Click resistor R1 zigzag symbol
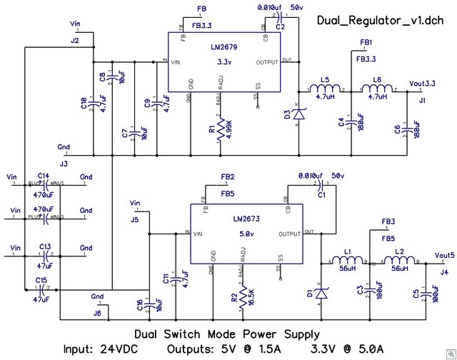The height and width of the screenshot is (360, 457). tap(219, 129)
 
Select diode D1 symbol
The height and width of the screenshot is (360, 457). tap(322, 292)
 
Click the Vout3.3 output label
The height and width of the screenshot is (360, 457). tap(423, 84)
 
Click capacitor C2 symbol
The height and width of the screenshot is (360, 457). tap(281, 16)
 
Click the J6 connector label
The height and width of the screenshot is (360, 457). tap(97, 312)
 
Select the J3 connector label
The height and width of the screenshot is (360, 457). tap(64, 164)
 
